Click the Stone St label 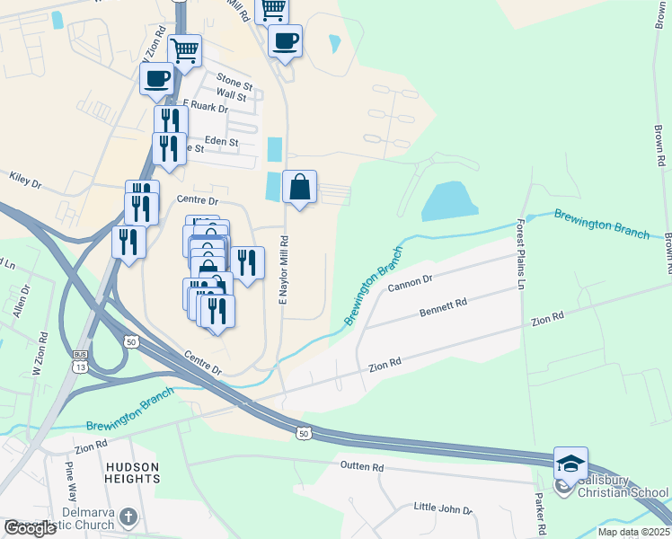coord(234,84)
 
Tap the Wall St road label coord(232,95)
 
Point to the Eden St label coord(221,141)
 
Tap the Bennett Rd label coord(444,308)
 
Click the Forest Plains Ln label coord(519,252)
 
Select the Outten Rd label coord(362,467)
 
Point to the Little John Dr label coord(443,509)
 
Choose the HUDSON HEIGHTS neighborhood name coord(133,473)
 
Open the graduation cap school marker coord(570,464)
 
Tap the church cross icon coord(128,517)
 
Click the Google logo coord(30,528)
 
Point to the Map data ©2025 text coord(632,532)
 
